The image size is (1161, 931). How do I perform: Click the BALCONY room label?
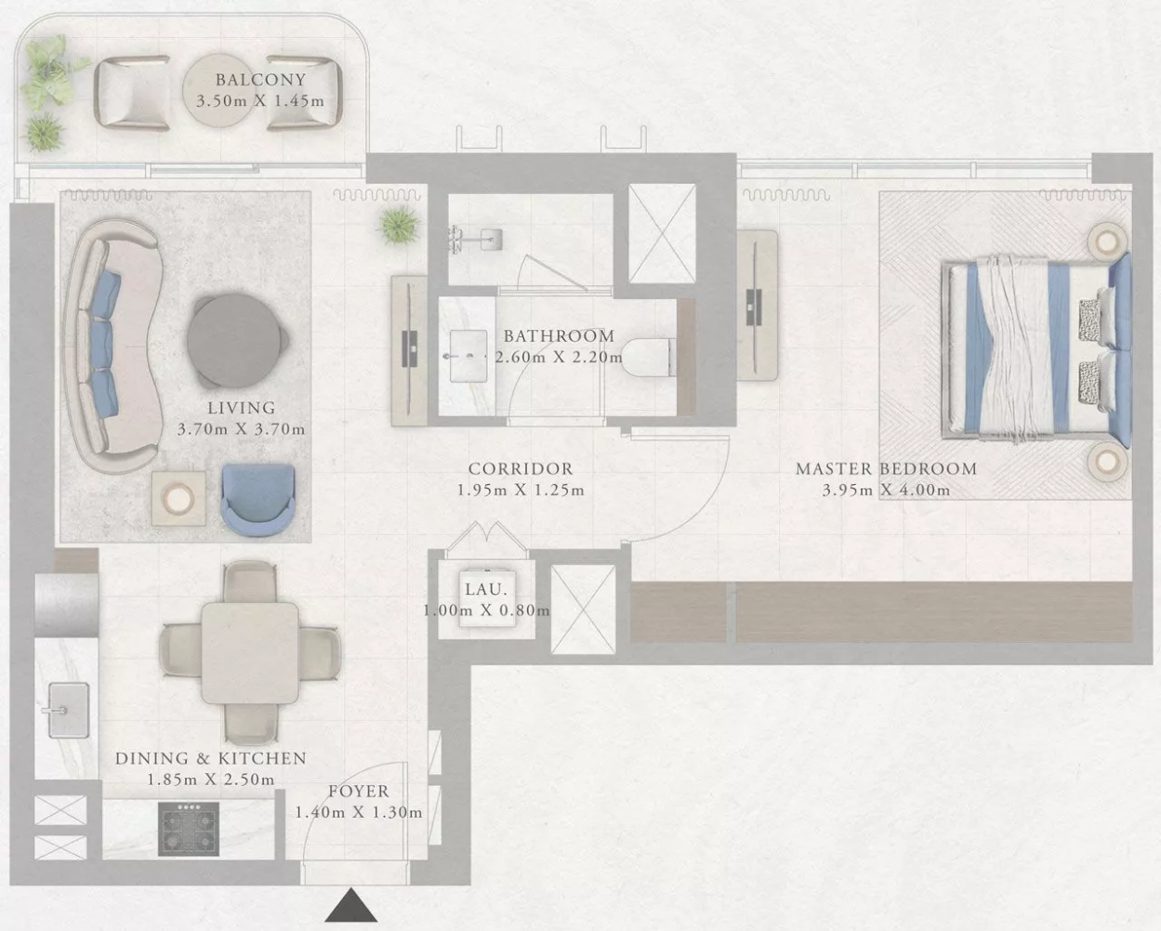[260, 80]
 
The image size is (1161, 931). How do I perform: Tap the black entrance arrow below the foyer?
[351, 906]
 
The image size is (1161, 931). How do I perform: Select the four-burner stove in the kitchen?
[189, 829]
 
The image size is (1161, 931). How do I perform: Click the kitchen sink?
[69, 711]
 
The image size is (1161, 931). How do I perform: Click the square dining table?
[250, 652]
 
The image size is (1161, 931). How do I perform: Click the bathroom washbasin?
[468, 356]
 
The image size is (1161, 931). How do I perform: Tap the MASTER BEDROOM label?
[887, 468]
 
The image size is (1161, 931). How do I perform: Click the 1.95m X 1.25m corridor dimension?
[521, 491]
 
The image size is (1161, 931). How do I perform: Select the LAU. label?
[486, 590]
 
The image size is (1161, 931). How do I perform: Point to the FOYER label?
[359, 792]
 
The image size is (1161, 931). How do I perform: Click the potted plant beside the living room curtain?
[399, 225]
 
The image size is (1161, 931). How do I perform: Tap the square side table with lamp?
[178, 498]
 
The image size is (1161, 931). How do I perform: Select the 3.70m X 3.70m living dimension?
[241, 429]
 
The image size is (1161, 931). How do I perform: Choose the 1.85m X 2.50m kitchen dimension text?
[211, 780]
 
